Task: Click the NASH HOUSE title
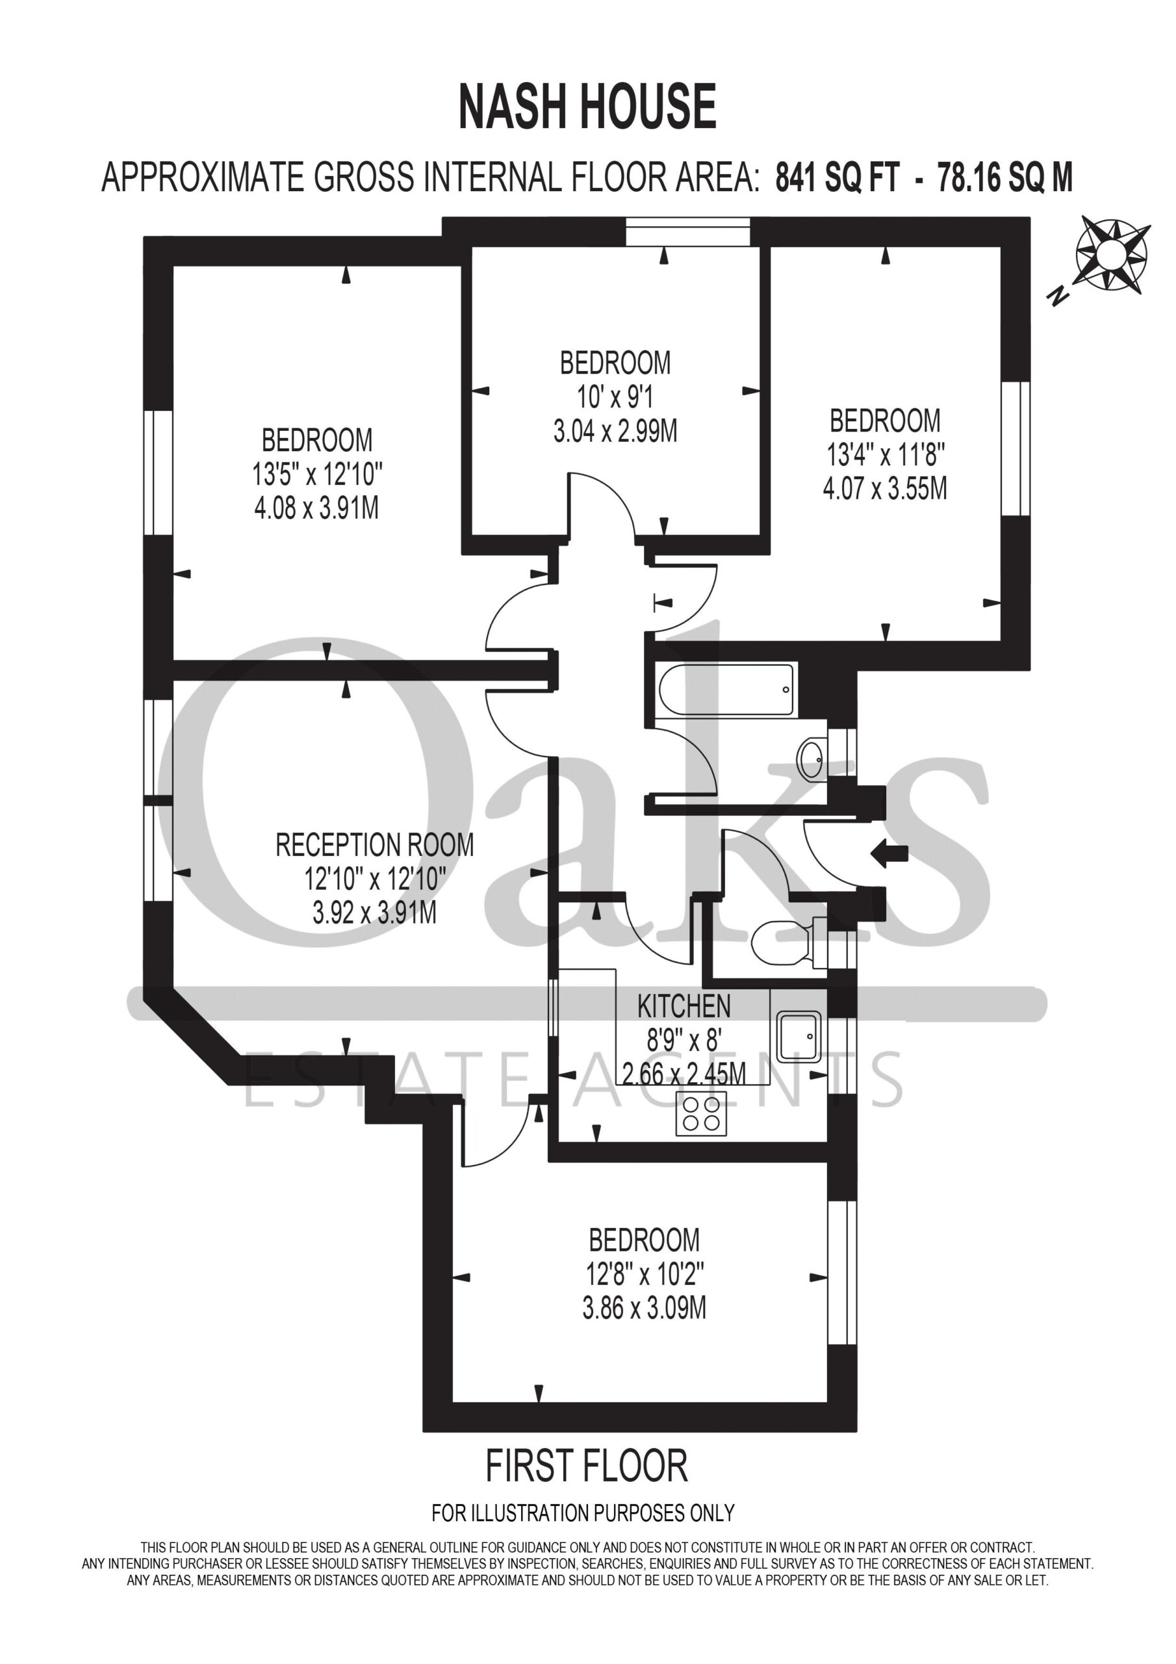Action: [587, 107]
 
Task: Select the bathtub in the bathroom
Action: [725, 689]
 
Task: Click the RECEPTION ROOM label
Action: [375, 845]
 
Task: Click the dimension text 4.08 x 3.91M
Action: [316, 508]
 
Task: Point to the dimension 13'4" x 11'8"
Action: [886, 455]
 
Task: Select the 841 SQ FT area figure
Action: [837, 177]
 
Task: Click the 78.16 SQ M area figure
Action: [1005, 177]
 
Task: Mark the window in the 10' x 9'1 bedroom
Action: [687, 233]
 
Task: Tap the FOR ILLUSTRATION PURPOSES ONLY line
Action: [583, 1513]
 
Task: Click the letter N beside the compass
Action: [1058, 295]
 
